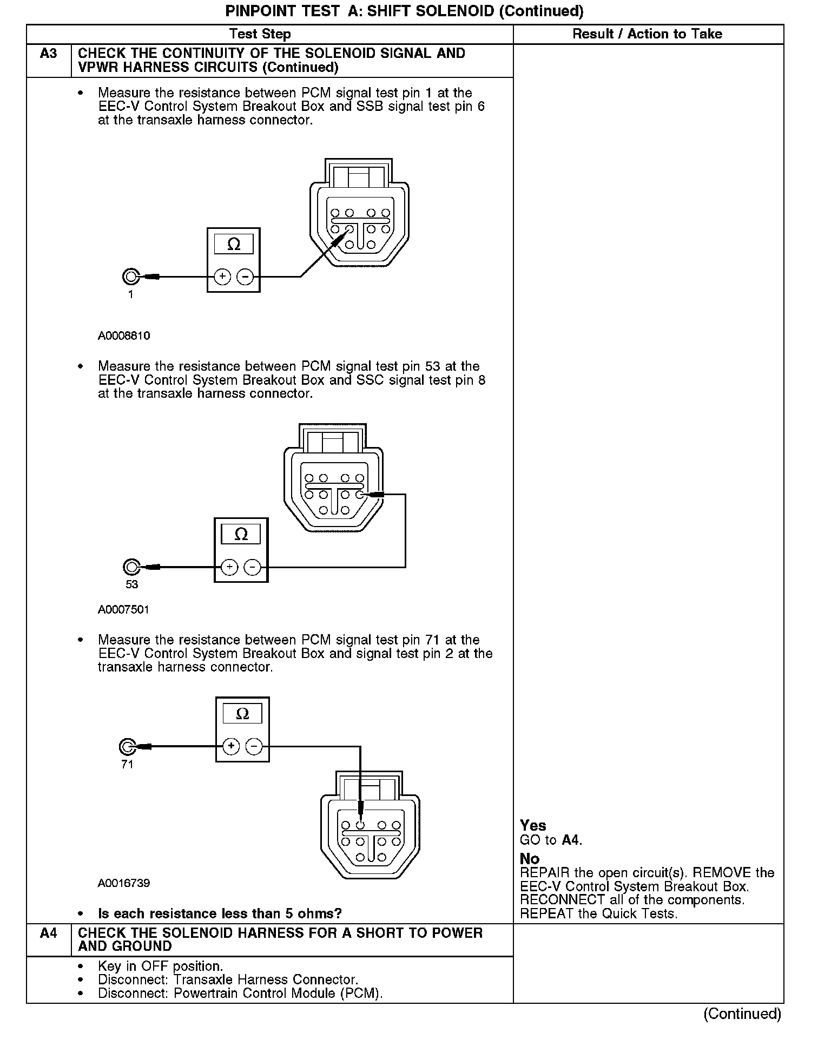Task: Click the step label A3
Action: tap(48, 54)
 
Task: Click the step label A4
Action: tap(48, 932)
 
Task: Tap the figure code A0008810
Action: tap(124, 336)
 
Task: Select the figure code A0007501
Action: tap(123, 610)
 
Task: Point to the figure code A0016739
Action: tap(124, 883)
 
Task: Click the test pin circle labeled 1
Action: tap(130, 277)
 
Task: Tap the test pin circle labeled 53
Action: tap(131, 567)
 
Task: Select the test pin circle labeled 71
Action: tap(127, 747)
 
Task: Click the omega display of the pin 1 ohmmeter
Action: tap(234, 245)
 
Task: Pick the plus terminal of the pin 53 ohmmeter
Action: tap(229, 567)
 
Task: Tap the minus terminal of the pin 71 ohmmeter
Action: tap(254, 747)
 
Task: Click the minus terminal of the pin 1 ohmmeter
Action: tap(246, 277)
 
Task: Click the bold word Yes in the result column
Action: tap(533, 825)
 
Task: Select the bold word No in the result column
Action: tap(530, 859)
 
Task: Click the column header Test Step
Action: tap(260, 34)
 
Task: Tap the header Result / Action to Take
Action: tap(647, 34)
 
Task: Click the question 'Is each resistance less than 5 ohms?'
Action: tap(220, 913)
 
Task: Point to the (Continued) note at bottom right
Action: tap(742, 1014)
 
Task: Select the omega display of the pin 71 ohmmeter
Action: tap(242, 714)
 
